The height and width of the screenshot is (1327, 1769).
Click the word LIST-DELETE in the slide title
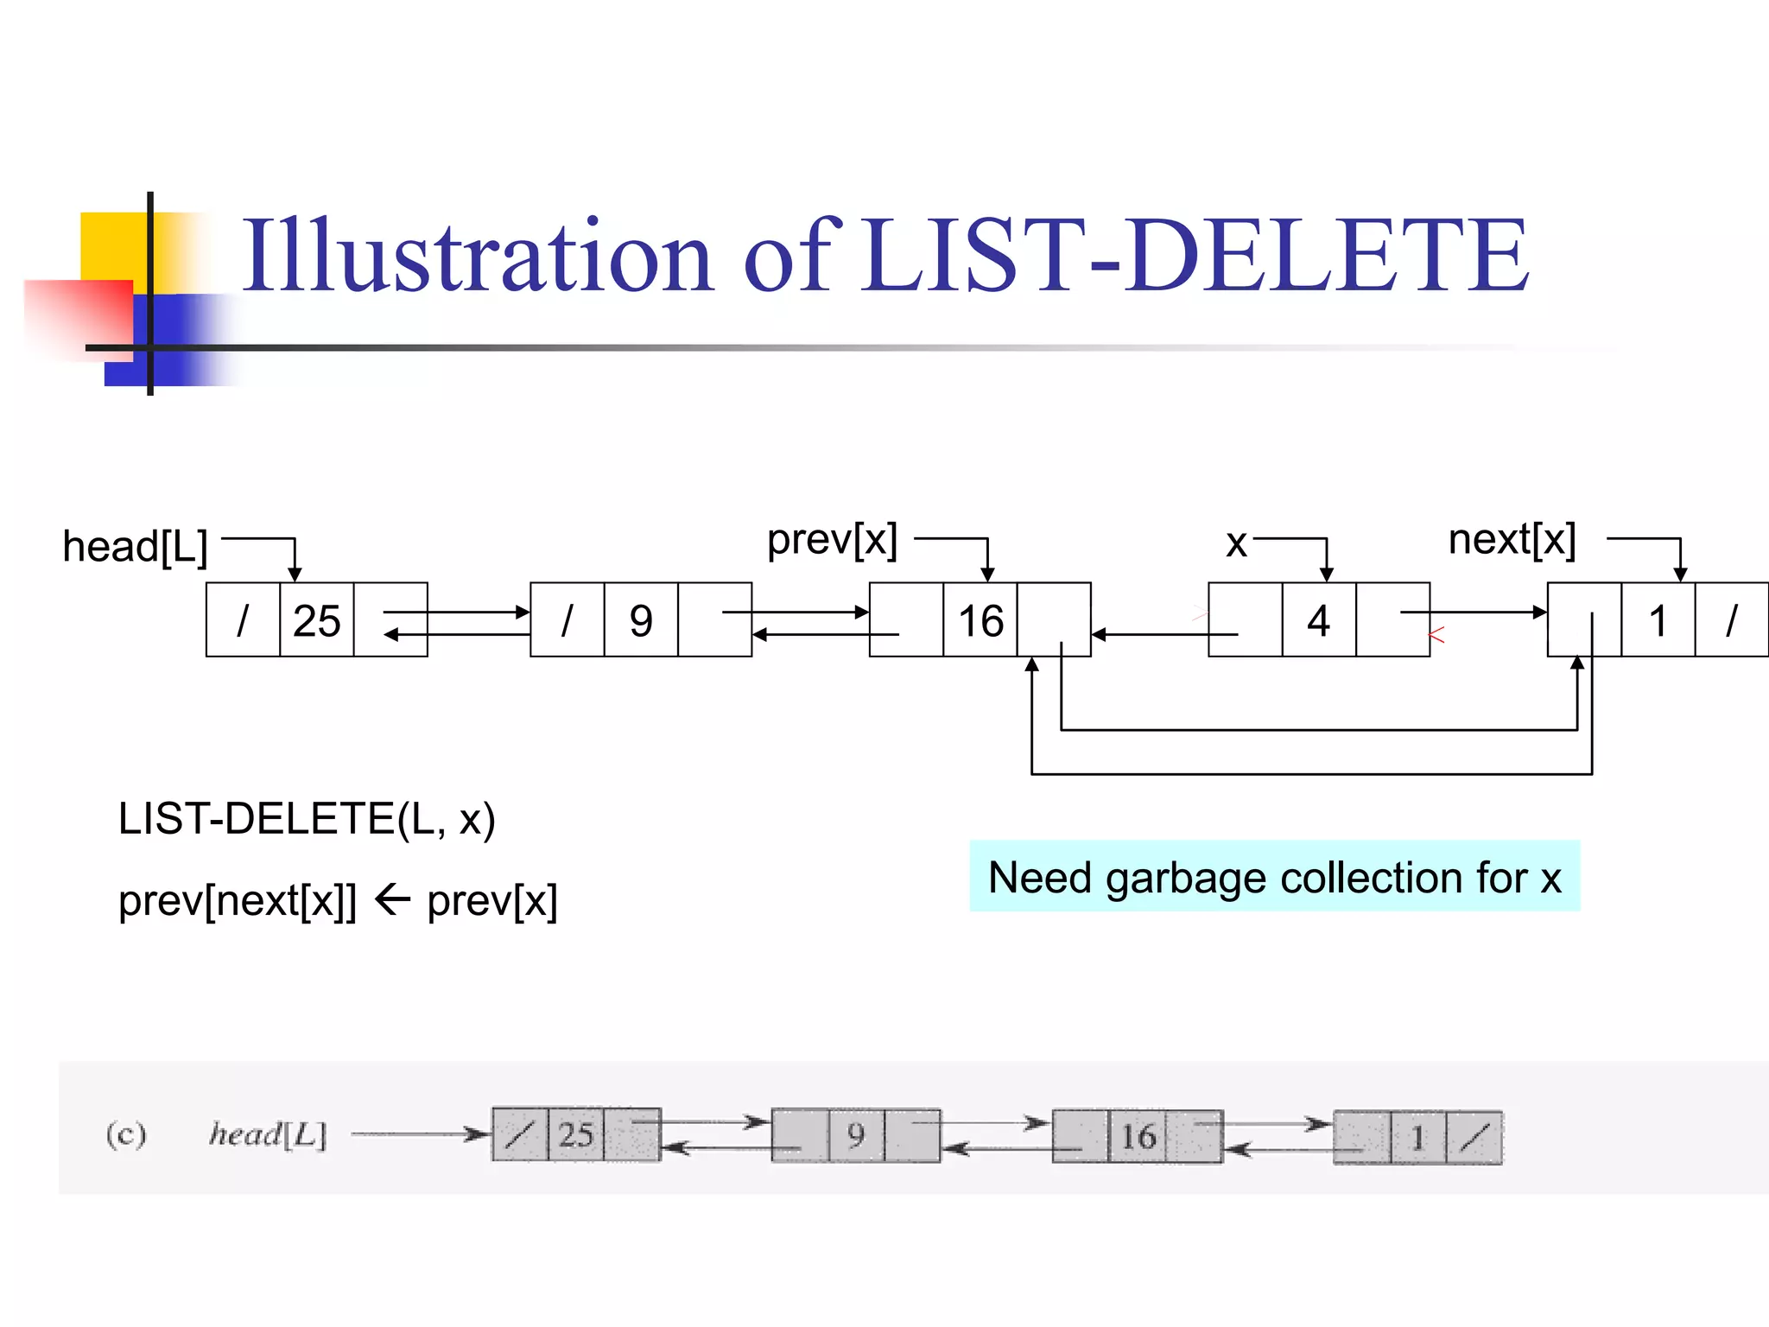pos(1196,256)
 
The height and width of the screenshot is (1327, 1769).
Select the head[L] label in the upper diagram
pos(136,547)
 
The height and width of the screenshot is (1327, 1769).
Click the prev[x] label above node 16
pos(832,540)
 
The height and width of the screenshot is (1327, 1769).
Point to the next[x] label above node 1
pos(1512,540)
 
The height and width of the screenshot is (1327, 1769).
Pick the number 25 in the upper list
pos(316,620)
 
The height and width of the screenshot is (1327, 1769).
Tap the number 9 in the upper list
pos(640,620)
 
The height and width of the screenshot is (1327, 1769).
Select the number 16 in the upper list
pos(980,620)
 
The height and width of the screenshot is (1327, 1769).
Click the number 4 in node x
pos(1318,620)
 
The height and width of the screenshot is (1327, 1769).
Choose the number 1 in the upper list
pos(1657,620)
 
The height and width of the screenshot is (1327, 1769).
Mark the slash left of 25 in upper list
pos(243,620)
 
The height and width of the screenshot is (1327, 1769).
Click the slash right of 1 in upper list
pos(1731,620)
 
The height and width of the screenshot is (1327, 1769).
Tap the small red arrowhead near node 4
pos(1436,636)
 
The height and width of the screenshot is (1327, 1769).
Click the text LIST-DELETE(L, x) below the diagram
pos(307,819)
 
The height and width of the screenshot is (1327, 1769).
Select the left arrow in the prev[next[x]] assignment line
pos(392,900)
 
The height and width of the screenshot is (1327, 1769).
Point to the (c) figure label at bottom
pos(126,1133)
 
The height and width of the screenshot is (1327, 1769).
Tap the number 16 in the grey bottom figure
pos(1138,1136)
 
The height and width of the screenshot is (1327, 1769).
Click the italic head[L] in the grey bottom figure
pos(268,1134)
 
